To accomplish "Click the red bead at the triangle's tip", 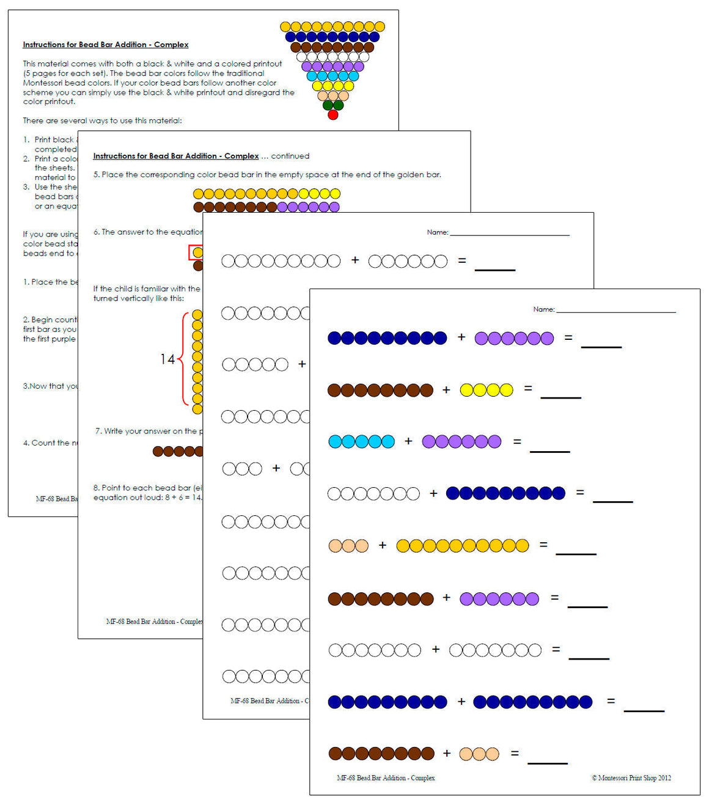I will pos(332,115).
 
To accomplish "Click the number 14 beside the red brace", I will pos(167,359).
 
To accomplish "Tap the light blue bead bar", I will pos(361,441).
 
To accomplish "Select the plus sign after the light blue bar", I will pos(408,441).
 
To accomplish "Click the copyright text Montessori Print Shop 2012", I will pos(631,777).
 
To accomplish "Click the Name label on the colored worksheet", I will pos(543,309).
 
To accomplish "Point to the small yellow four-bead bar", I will pos(486,390).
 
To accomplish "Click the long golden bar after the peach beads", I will pos(462,546).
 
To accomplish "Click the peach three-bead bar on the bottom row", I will pos(479,754).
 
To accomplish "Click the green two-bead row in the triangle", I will pos(333,105).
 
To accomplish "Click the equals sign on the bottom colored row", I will pos(515,754).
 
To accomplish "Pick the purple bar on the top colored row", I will pos(514,338).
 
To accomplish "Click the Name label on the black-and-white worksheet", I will pos(437,232).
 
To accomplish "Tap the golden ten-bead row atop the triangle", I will pos(332,27).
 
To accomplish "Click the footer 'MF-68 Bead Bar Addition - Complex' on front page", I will pos(386,777).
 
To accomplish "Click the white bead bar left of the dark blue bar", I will pos(373,494).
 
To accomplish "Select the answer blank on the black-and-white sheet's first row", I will pos(494,268).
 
